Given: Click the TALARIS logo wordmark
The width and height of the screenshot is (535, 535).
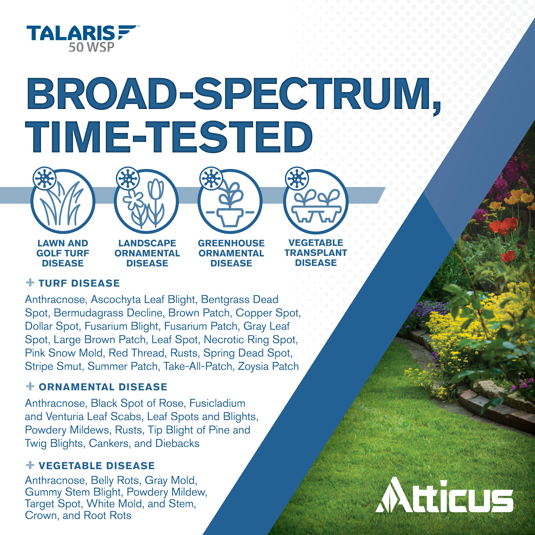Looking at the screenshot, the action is [82, 33].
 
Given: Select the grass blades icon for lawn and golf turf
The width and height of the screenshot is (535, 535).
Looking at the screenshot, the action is [63, 202].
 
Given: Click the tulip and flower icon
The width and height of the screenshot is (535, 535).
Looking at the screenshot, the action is [147, 202].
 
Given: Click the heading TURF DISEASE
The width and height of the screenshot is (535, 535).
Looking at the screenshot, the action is [79, 283].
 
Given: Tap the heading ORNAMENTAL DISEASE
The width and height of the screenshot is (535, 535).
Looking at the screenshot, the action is [103, 387].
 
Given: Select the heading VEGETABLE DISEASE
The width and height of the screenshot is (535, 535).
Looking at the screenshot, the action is [97, 466].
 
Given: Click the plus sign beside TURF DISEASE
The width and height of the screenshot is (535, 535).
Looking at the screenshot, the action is [30, 283].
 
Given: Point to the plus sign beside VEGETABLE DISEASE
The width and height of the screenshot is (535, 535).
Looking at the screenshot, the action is [30, 465].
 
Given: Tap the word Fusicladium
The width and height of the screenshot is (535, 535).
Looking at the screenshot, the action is [217, 403].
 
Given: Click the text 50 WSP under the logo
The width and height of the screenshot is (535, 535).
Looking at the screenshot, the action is [92, 47].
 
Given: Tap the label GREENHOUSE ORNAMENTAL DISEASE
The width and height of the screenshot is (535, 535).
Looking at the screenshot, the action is [231, 253].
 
